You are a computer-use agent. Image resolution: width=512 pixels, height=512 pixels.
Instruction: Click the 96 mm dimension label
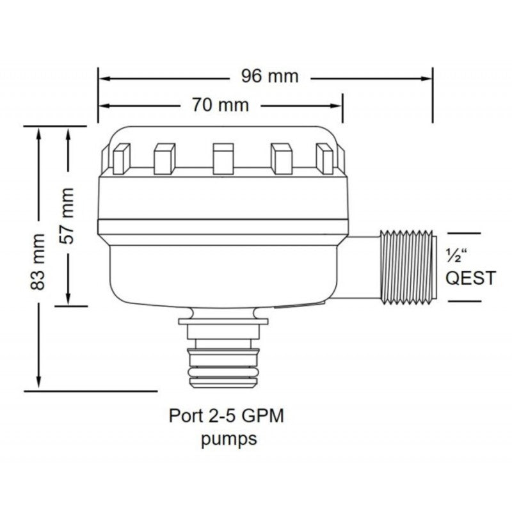269,76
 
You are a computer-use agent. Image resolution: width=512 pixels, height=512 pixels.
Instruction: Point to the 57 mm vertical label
67,216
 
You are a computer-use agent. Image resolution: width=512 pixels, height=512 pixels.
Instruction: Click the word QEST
470,278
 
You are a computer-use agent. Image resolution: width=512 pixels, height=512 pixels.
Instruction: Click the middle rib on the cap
222,159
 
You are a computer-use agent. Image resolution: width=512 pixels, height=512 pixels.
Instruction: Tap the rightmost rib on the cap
325,159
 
